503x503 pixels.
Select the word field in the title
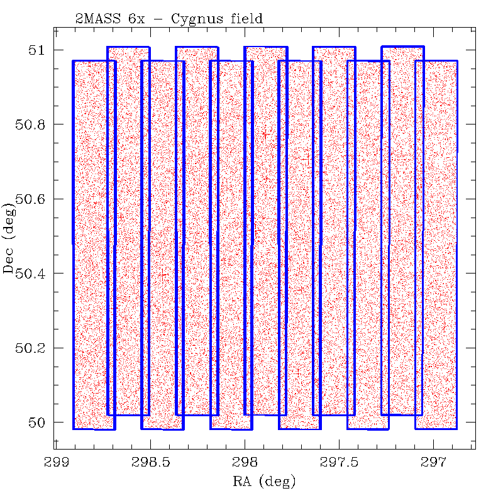244,19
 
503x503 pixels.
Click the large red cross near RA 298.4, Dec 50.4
163,274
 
